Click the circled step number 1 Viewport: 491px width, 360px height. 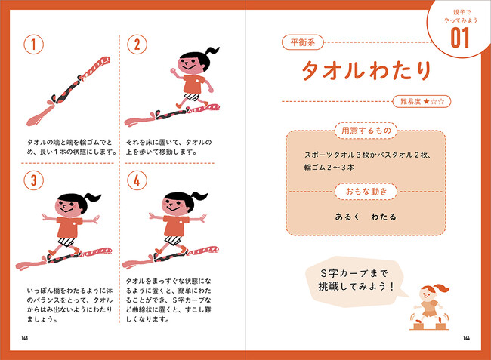(x=33, y=45)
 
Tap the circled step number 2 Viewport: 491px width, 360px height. (x=137, y=45)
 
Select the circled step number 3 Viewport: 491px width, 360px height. (x=33, y=180)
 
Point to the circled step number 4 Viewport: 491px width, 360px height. (x=137, y=180)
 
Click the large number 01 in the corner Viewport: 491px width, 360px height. (x=460, y=38)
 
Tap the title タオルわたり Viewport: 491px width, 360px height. (x=366, y=70)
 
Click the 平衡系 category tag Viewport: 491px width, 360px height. (x=302, y=42)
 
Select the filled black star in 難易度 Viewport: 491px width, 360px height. (x=426, y=102)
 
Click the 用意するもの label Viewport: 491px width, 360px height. (x=366, y=131)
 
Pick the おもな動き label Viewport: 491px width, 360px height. (x=366, y=192)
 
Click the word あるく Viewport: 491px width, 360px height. (x=347, y=217)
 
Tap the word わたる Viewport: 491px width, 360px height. (x=384, y=217)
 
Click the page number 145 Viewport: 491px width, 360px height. (x=25, y=338)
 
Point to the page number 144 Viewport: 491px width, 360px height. (x=466, y=338)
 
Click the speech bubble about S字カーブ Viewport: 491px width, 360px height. (x=354, y=282)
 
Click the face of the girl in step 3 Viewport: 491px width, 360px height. (x=68, y=208)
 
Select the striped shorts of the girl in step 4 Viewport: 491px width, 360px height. (x=173, y=240)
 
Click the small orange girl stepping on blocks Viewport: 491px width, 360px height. (x=431, y=306)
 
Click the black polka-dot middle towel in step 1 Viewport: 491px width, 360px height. (x=66, y=91)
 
